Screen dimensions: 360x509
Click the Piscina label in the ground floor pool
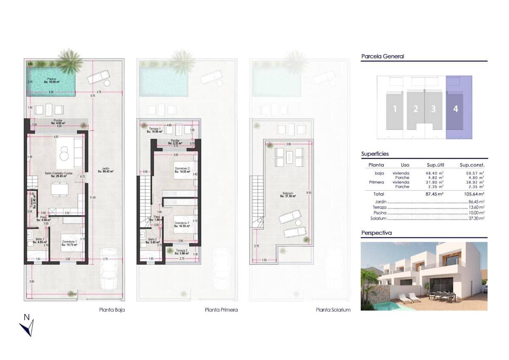pos(51,80)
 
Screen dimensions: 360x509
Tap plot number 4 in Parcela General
pos(455,109)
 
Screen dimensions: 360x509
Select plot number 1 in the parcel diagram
pos(394,109)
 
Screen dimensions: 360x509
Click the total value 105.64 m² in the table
pos(472,194)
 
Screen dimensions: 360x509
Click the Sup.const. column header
pos(472,165)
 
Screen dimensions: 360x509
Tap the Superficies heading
pos(375,154)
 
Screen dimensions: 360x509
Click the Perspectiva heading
pos(376,233)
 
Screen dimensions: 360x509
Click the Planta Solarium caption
pos(333,310)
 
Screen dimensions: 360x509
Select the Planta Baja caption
pos(112,310)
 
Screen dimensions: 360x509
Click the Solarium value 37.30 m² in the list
pos(476,218)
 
